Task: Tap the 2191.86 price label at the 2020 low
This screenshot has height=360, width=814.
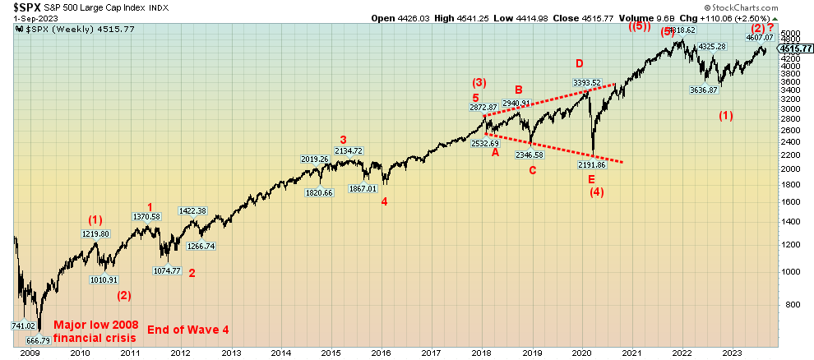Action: coord(593,164)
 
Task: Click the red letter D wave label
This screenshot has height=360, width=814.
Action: coord(579,63)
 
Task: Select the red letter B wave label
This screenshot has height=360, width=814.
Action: coord(519,90)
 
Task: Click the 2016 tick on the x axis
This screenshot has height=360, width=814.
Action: coord(382,353)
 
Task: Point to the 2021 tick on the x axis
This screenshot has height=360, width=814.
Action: coord(631,353)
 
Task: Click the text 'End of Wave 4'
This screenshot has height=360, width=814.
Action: coord(187,330)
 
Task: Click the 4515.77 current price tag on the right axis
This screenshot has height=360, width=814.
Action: coord(795,48)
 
